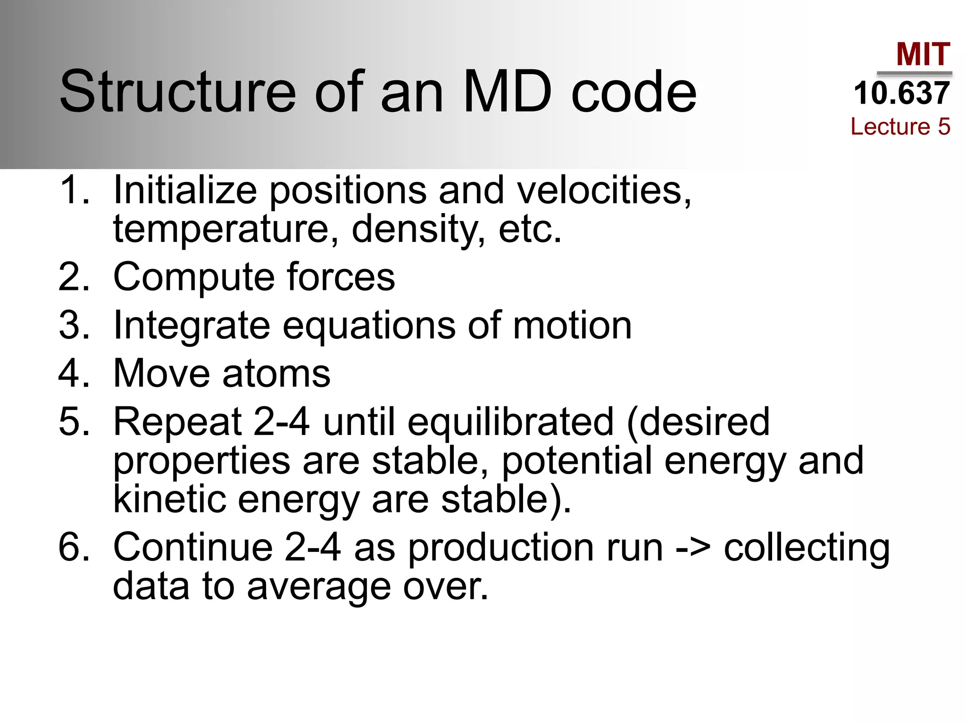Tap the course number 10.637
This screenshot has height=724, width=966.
[901, 93]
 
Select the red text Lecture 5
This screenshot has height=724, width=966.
[900, 127]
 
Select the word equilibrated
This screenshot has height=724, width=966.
[510, 421]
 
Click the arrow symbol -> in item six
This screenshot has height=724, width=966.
[693, 548]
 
